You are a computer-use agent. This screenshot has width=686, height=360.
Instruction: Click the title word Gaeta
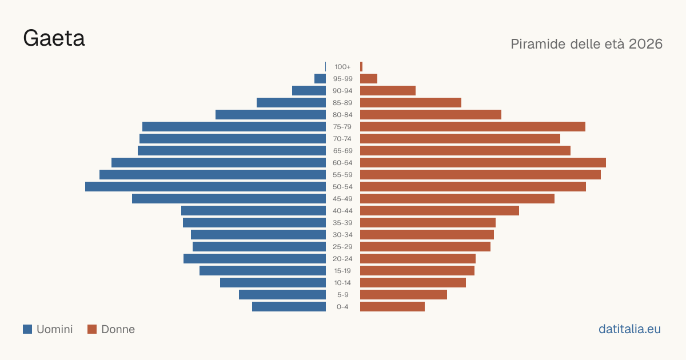tap(54, 38)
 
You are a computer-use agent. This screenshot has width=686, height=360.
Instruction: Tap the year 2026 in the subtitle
tap(645, 44)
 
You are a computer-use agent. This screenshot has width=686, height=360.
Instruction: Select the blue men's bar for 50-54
tap(205, 187)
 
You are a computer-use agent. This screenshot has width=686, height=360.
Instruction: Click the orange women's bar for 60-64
tap(483, 162)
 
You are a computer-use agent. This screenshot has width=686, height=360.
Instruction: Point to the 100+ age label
tap(342, 67)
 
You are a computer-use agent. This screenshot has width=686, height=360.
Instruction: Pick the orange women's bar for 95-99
tap(369, 79)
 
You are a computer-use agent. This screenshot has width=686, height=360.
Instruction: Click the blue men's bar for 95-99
tap(320, 79)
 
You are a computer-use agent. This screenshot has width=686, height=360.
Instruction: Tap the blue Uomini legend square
tap(27, 329)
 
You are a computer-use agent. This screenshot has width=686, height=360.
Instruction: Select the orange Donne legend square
tap(92, 329)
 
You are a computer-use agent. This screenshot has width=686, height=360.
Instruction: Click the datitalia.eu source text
tap(629, 329)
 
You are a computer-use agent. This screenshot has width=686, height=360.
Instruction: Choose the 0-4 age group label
tap(342, 307)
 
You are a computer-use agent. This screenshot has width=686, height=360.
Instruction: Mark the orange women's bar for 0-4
tap(392, 307)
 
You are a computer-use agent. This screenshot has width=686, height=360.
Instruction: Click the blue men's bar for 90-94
tap(309, 91)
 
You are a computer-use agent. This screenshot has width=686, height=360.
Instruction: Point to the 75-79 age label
tap(342, 127)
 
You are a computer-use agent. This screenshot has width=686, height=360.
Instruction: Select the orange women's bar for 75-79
tap(473, 127)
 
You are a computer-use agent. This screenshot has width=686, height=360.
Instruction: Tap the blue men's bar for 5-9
tap(282, 295)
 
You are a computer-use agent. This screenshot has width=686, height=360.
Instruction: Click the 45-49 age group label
tap(342, 199)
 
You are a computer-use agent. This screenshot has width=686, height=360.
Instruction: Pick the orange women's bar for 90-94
tap(388, 91)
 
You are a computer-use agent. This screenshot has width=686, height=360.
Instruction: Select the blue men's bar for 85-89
tap(291, 102)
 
